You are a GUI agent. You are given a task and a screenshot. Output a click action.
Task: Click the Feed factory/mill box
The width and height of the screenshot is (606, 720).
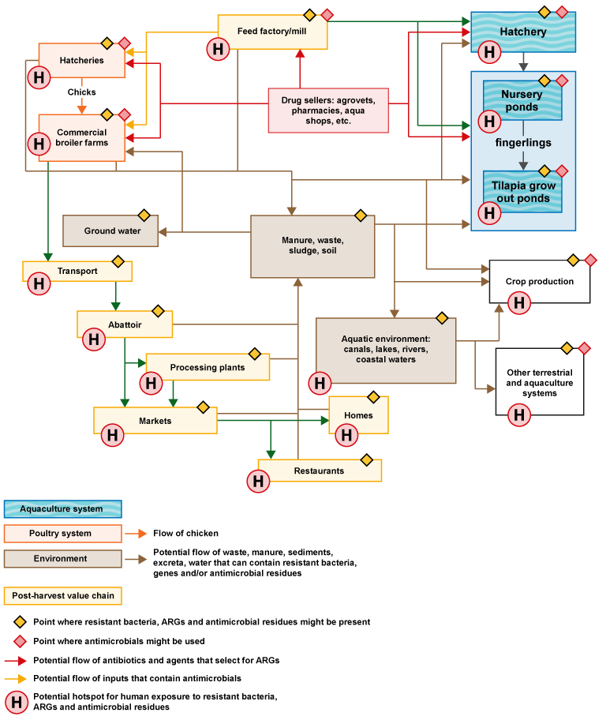click(272, 32)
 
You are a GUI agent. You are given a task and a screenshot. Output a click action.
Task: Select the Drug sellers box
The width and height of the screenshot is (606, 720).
click(327, 110)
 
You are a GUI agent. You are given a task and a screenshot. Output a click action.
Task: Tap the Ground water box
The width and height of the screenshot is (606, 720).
click(110, 231)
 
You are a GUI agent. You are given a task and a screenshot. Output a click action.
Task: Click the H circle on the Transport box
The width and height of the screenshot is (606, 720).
click(39, 284)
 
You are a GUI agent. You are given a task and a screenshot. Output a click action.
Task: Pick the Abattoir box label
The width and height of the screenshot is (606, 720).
click(125, 324)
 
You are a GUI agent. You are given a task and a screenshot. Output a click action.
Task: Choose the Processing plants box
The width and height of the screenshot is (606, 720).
click(208, 367)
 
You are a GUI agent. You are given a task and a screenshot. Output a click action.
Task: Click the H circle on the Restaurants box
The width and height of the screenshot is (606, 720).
click(258, 482)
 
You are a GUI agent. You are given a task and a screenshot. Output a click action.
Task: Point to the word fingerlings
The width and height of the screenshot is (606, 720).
click(523, 143)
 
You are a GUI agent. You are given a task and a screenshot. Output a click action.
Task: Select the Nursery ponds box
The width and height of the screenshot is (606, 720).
click(522, 101)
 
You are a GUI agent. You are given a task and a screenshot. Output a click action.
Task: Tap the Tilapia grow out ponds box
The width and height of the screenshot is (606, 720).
click(522, 192)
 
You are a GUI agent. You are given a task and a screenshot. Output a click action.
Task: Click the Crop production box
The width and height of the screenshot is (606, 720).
click(540, 281)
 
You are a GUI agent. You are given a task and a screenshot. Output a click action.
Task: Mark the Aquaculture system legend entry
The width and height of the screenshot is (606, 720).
click(62, 509)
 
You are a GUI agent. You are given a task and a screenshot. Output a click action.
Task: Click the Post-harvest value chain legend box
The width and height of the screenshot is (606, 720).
click(62, 595)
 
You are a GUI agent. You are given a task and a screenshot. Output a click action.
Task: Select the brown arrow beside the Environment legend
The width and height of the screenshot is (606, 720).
click(137, 559)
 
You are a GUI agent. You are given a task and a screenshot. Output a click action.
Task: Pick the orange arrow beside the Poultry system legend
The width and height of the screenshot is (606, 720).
click(137, 534)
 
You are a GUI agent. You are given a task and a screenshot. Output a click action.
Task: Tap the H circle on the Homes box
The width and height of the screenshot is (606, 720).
click(346, 435)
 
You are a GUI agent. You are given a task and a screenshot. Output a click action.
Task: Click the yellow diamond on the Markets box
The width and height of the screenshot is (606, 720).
click(203, 407)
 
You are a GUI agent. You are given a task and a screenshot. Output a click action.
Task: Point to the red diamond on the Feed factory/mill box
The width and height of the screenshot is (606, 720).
click(327, 15)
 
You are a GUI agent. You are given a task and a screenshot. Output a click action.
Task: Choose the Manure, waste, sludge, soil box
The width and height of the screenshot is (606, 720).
click(312, 246)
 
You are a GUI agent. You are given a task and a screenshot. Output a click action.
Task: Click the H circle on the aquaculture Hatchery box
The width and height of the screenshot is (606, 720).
click(489, 53)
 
